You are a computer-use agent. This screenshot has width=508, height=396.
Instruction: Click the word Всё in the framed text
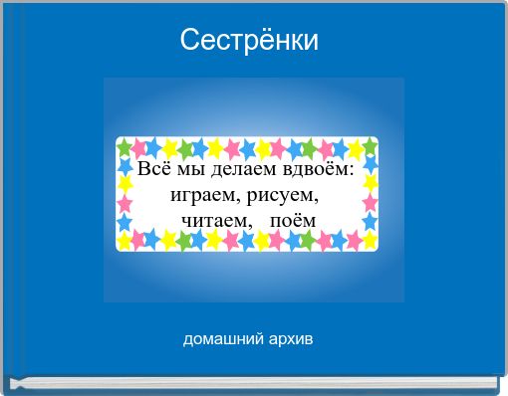(151, 170)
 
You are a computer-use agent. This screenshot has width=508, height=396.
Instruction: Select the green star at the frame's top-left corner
(126, 147)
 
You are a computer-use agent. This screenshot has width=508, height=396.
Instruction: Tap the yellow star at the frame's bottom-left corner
(126, 240)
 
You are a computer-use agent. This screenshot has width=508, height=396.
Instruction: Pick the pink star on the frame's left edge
(126, 203)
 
